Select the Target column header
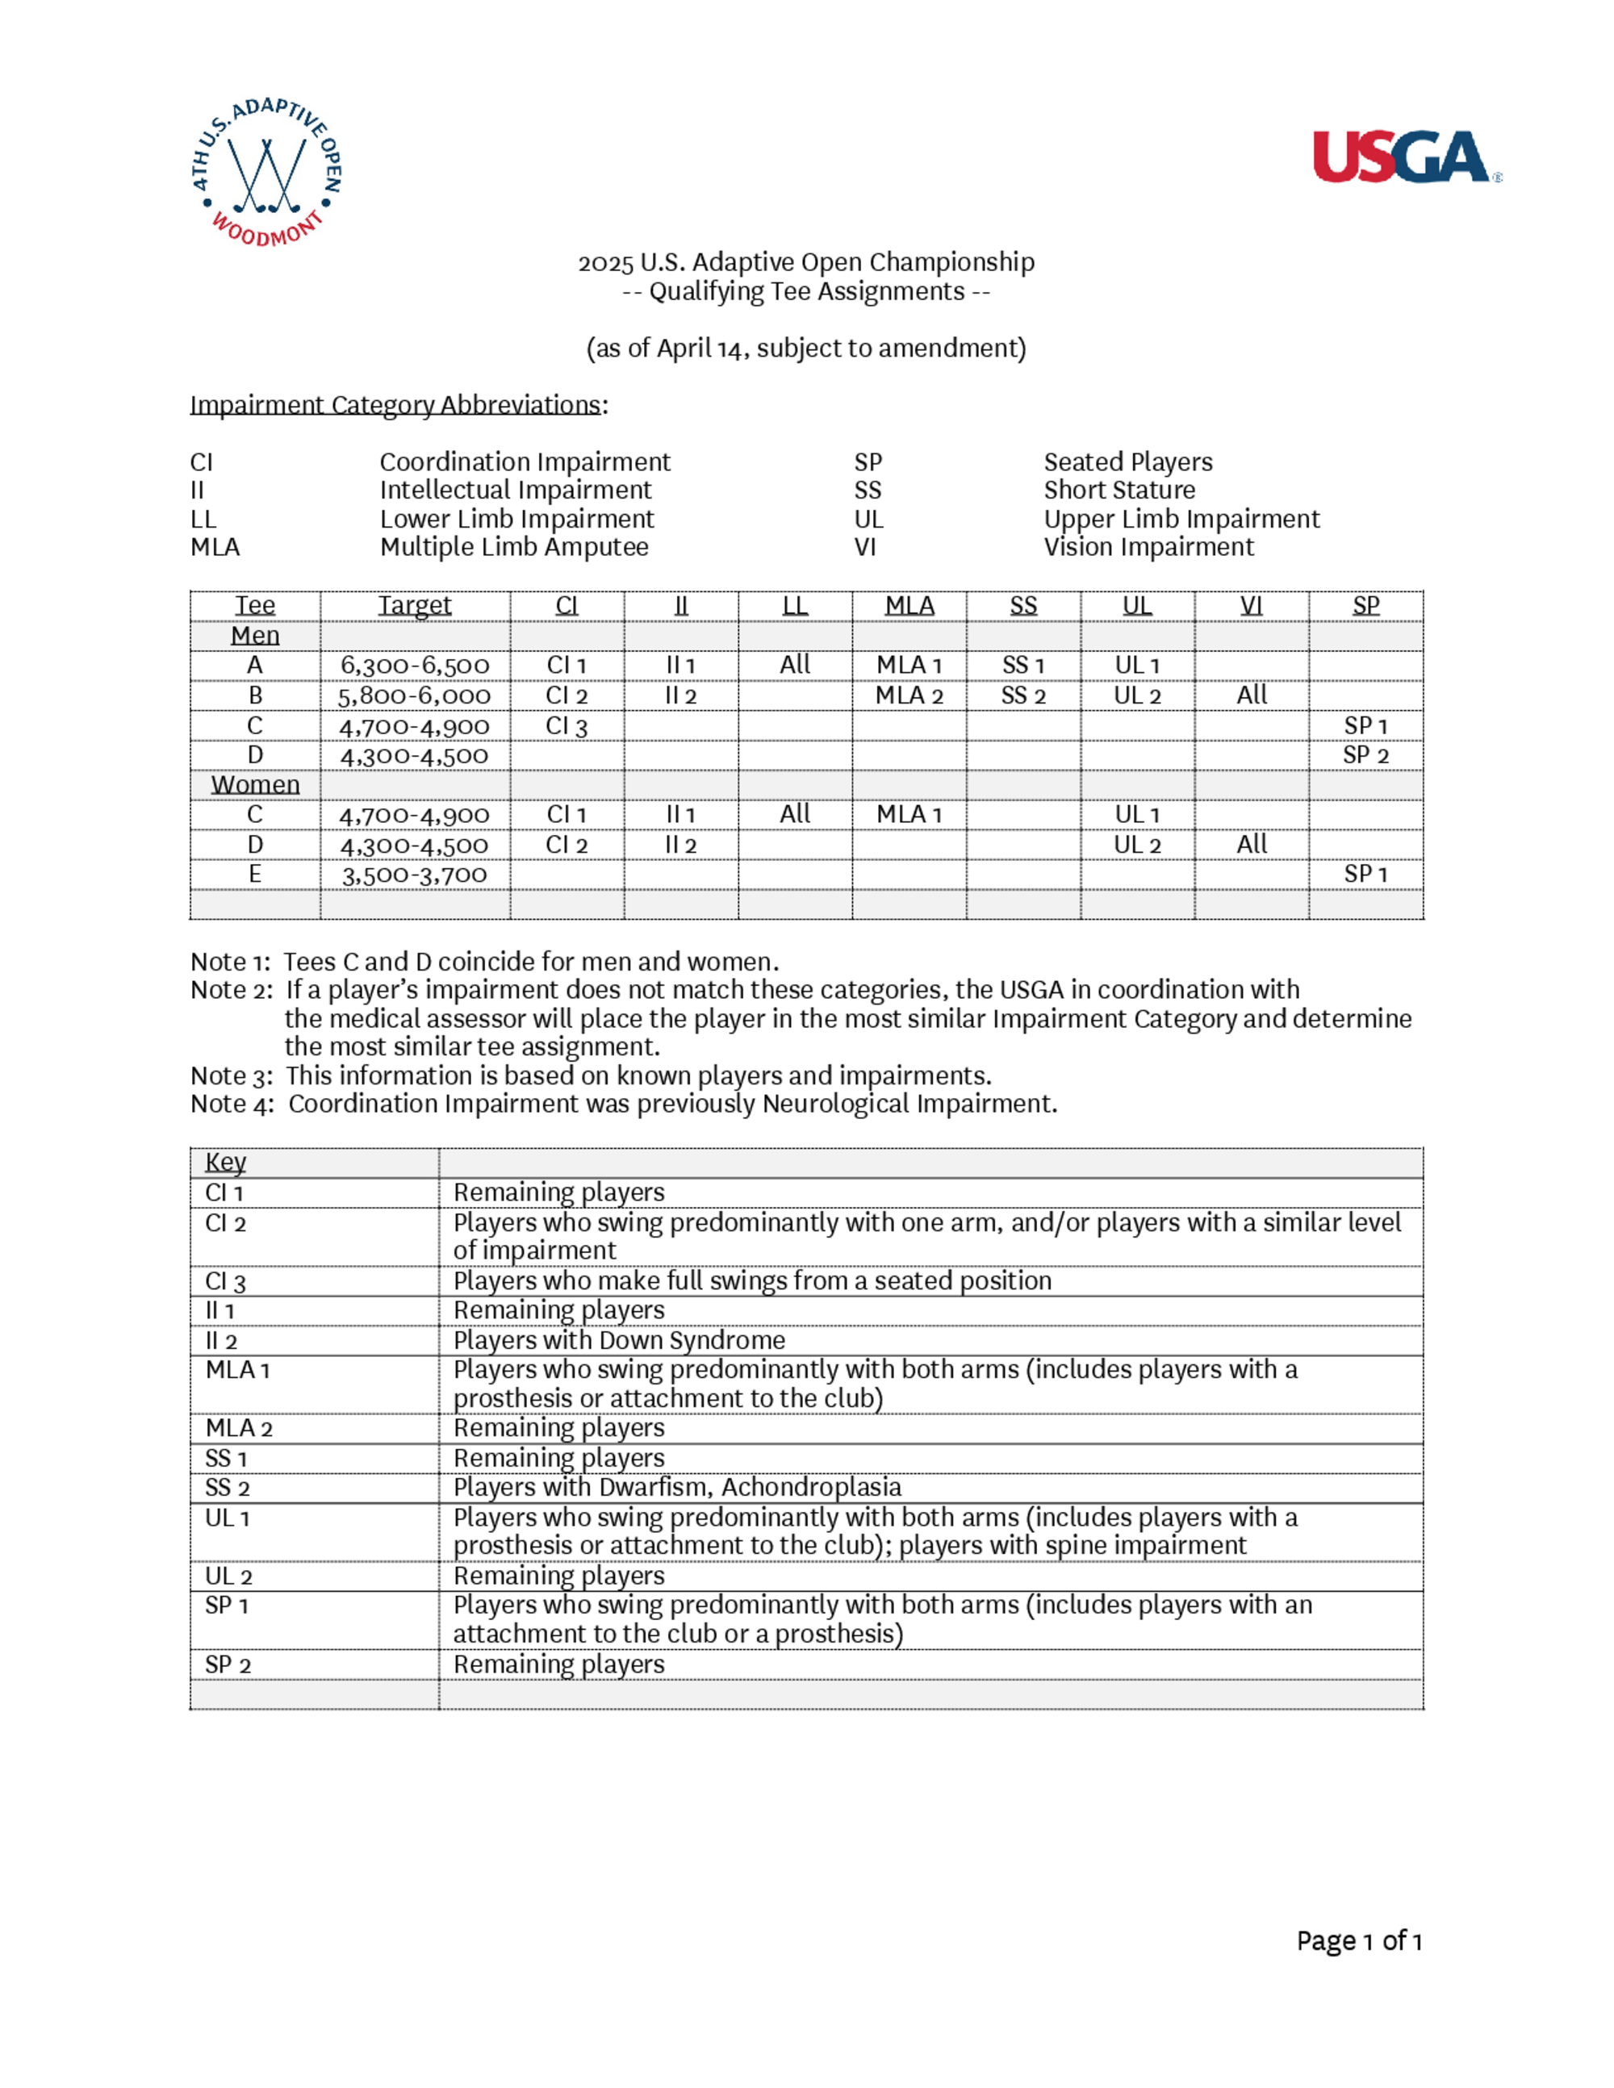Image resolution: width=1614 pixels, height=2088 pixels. point(414,606)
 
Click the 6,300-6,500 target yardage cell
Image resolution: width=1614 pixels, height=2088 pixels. point(414,666)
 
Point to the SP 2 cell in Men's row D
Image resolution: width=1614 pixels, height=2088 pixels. point(1365,755)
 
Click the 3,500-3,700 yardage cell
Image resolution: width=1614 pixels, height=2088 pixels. point(414,875)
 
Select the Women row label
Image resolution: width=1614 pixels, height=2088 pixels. point(255,785)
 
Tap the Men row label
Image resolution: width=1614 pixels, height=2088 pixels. point(255,636)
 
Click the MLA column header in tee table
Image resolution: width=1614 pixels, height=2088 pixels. point(909,606)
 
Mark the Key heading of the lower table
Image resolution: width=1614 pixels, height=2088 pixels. point(226,1163)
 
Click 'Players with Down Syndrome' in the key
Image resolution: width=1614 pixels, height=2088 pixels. point(619,1340)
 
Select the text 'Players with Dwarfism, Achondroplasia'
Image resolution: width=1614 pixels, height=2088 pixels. point(677,1488)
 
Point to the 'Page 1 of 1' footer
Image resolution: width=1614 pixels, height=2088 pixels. point(1359,1941)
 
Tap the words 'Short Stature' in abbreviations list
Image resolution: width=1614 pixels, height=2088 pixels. point(1119,491)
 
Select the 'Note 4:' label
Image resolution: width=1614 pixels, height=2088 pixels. point(232,1105)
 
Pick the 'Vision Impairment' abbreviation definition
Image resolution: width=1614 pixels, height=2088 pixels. point(1148,547)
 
